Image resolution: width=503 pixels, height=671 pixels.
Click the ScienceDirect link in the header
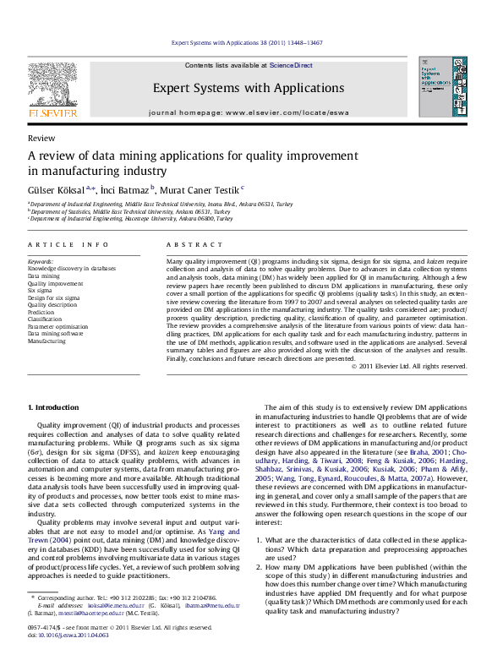click(x=291, y=65)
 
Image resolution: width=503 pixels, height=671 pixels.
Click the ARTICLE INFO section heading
click(x=68, y=244)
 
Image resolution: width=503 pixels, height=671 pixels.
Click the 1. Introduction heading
click(x=54, y=407)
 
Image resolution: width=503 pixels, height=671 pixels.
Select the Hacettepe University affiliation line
click(x=131, y=218)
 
